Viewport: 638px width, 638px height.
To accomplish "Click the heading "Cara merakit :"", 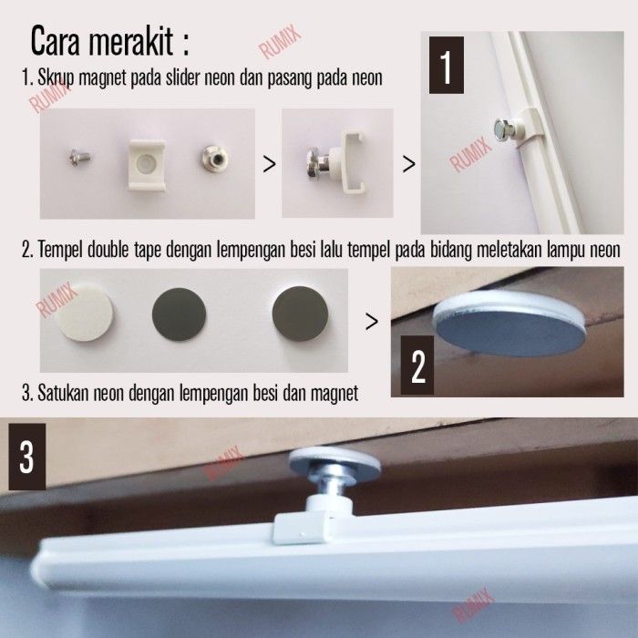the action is pos(110,41).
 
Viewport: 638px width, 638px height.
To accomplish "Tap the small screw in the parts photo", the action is pos(80,157).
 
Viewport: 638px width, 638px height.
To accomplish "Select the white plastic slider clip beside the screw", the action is pos(147,165).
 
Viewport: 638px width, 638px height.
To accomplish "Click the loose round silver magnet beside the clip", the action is pos(214,159).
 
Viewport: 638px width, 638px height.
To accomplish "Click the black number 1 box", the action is pos(447,65).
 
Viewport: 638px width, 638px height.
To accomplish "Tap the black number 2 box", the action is pos(417,365).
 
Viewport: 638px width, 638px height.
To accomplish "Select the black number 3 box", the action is pos(26,457).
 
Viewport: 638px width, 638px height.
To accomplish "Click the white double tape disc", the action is pos(85,313).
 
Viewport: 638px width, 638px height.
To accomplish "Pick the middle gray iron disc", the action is pos(179,314).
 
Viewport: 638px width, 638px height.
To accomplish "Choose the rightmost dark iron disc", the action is pos(300,314).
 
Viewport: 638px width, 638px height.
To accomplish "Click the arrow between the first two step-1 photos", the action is pos(270,164).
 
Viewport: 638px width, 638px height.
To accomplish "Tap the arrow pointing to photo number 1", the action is pos(409,164).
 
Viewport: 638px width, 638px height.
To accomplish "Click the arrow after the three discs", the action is pos(372,322).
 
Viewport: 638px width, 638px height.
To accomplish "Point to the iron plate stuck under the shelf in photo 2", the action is pos(509,325).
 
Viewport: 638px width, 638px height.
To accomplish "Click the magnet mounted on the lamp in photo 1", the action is pos(505,129).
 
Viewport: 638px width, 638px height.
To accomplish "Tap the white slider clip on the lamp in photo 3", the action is pos(302,528).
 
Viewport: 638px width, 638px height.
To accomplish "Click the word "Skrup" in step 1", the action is pos(56,78).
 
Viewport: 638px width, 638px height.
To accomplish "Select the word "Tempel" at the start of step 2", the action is pos(60,250).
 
